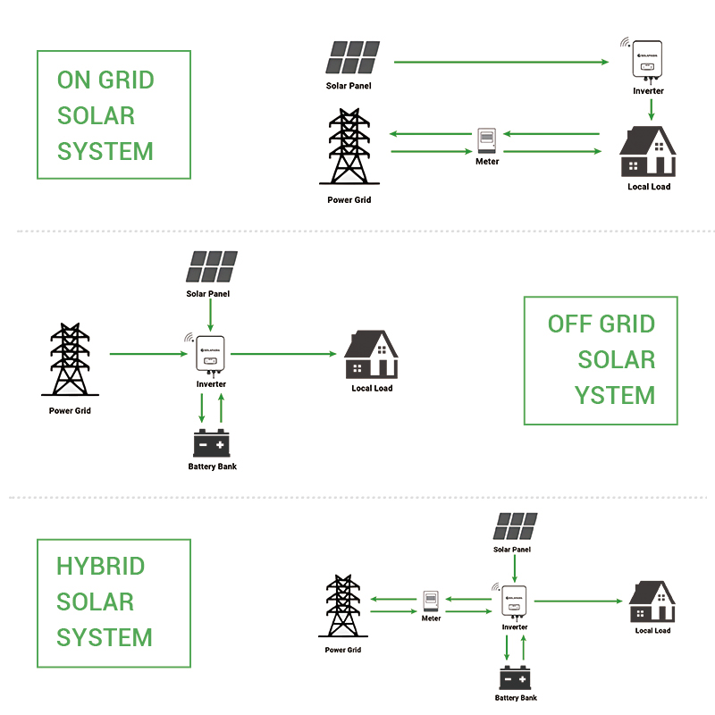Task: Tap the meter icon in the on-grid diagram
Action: [x=487, y=140]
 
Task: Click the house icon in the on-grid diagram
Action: [x=648, y=153]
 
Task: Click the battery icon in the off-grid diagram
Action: [x=212, y=443]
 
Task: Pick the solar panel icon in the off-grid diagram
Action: [x=212, y=267]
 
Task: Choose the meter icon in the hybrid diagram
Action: [x=431, y=601]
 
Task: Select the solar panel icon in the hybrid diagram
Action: [x=516, y=526]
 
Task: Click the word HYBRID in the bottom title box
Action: [x=100, y=567]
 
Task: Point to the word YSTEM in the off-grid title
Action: [x=615, y=395]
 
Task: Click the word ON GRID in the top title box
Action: [x=105, y=80]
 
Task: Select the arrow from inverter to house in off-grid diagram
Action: [x=282, y=354]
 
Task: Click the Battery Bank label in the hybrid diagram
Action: [x=516, y=698]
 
